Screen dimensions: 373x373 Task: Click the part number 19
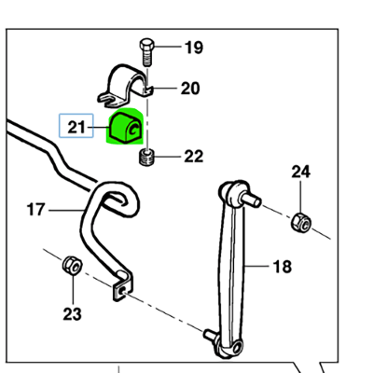[x=194, y=48]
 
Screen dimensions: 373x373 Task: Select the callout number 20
[x=190, y=89]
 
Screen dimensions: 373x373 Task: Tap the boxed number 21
[x=76, y=128]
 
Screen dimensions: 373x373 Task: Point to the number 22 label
[x=194, y=157]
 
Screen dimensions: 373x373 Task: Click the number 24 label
[x=300, y=172]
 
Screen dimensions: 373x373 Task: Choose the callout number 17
[x=36, y=210]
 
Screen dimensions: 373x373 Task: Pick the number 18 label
[x=283, y=267]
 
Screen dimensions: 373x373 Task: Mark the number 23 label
[x=72, y=314]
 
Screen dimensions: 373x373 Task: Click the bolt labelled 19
[x=146, y=52]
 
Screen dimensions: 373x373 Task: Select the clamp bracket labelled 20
[x=125, y=86]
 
